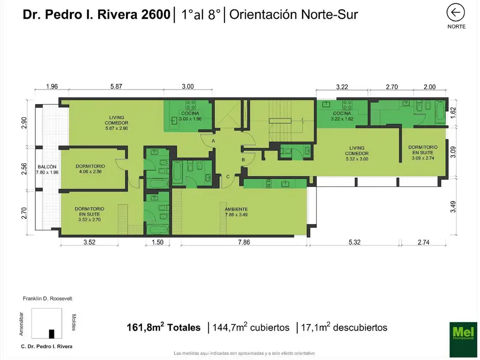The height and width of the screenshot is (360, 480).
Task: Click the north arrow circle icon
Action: click(x=456, y=13)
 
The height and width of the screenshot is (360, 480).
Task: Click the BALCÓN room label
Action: click(x=47, y=170)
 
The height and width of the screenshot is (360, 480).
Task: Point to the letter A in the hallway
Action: click(x=213, y=141)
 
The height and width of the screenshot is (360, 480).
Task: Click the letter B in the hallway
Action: click(x=243, y=160)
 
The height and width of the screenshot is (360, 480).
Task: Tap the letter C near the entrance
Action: click(x=228, y=176)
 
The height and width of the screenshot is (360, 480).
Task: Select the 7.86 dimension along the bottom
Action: click(x=244, y=242)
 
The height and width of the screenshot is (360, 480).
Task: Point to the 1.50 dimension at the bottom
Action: click(x=157, y=242)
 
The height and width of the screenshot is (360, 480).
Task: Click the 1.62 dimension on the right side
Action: click(x=453, y=112)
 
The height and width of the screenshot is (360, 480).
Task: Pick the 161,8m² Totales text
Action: click(x=164, y=328)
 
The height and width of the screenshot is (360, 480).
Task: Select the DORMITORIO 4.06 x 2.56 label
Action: click(x=90, y=169)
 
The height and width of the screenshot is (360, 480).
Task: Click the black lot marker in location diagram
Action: click(x=52, y=334)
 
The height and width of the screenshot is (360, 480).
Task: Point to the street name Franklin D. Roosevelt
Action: click(x=47, y=299)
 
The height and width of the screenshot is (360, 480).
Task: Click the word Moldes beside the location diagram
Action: click(x=74, y=322)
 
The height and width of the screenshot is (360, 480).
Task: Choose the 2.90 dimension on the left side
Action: click(x=24, y=123)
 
